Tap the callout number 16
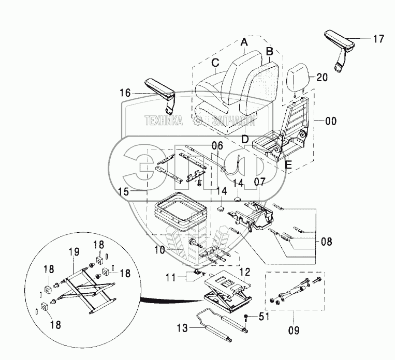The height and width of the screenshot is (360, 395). click(125, 93)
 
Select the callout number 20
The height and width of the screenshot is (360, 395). click(321, 78)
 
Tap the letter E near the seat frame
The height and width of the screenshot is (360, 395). click(289, 165)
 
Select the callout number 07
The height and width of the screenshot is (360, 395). click(260, 182)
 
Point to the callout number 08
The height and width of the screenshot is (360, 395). click(326, 241)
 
